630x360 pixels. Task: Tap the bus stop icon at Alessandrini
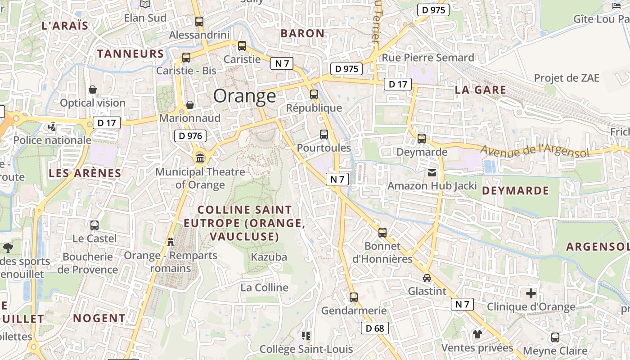point(199,21)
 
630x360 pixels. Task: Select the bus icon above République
point(314,94)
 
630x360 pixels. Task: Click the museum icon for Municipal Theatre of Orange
point(200,158)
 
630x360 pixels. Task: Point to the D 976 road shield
point(190,135)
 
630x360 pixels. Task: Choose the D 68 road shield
point(374,328)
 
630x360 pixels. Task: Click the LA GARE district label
point(480,90)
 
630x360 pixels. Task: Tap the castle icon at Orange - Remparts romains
point(171,242)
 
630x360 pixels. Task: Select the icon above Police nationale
point(52,127)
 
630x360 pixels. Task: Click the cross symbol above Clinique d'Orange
point(531,293)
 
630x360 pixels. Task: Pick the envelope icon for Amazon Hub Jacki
point(432,172)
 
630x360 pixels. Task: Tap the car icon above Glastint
point(427,278)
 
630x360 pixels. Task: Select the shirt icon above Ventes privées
point(477,334)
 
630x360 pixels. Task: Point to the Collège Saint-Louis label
point(306,349)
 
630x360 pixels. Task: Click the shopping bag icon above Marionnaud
point(190,105)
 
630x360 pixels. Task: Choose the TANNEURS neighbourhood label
point(130,54)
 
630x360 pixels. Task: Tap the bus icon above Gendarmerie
point(354,297)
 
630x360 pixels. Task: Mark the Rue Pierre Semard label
point(427,58)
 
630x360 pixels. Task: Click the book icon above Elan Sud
point(145,4)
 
